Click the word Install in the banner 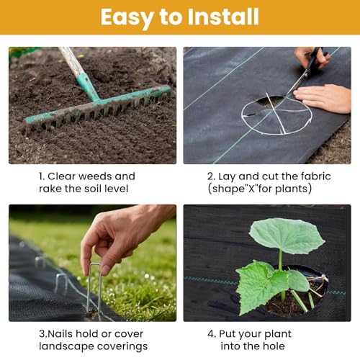(223, 17)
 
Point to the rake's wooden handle (72, 61)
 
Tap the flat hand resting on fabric (323, 98)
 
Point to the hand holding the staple (120, 238)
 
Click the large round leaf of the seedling (287, 235)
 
